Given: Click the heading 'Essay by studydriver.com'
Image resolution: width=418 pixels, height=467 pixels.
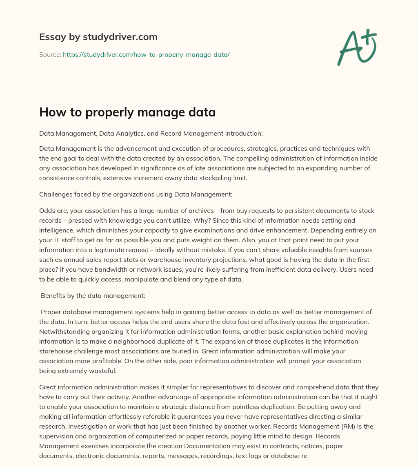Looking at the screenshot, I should coord(98,37).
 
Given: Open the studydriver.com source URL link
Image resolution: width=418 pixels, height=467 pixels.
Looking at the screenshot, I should coord(146,54).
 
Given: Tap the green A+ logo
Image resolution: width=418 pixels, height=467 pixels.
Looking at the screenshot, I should coord(357,47).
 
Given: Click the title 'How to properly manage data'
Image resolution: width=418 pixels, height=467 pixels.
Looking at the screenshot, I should coord(127,112).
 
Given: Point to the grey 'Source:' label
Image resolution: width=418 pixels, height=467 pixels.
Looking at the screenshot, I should coord(50,54).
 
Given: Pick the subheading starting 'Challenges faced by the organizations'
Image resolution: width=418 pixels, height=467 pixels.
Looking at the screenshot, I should coord(136,194).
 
